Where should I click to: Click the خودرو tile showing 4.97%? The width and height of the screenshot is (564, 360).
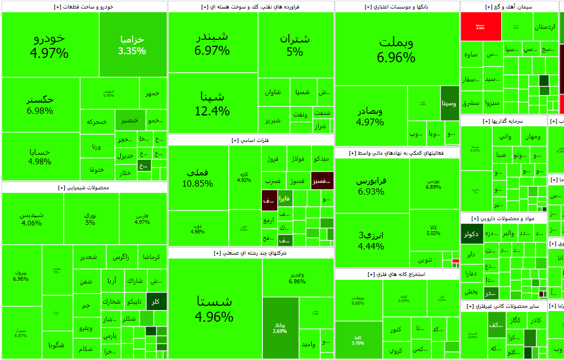(49, 45)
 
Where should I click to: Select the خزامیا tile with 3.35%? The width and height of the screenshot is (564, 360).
(132, 45)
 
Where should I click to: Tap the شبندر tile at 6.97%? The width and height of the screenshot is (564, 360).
(212, 43)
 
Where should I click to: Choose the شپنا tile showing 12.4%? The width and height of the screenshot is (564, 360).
(212, 103)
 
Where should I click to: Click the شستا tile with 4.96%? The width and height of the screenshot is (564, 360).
(214, 309)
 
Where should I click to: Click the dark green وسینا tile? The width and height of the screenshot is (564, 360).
(450, 103)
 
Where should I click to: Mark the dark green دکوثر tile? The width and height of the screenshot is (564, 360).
(471, 233)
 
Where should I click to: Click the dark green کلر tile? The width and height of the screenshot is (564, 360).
(156, 302)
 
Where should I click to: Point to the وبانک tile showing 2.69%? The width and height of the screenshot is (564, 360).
(280, 328)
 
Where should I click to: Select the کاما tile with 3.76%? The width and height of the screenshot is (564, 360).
(359, 339)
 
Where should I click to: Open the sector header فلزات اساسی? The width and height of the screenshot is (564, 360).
(251, 140)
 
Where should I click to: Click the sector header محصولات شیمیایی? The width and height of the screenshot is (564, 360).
(84, 188)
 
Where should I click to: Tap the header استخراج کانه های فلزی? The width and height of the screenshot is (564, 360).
(397, 274)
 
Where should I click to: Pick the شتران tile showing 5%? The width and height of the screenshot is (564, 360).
(295, 45)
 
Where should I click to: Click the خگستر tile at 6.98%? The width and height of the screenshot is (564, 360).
(40, 104)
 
